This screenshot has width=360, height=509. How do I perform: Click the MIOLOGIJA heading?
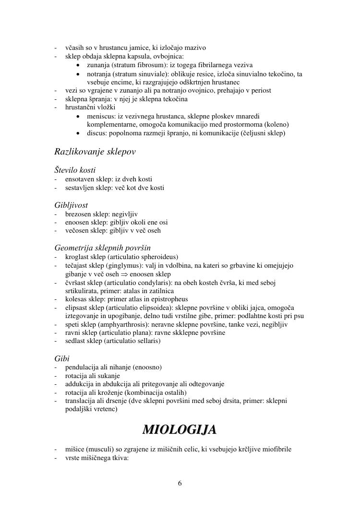(180, 429)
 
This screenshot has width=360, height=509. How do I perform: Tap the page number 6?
(180, 483)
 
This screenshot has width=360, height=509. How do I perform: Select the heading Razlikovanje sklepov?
(95, 152)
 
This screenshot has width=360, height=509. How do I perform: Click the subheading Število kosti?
(75, 170)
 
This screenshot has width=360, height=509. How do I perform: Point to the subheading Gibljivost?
(71, 205)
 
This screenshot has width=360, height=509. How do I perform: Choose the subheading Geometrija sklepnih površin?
(103, 248)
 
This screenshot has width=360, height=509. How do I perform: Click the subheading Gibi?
(62, 358)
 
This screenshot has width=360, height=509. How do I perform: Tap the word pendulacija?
(83, 367)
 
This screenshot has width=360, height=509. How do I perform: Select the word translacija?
(80, 401)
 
